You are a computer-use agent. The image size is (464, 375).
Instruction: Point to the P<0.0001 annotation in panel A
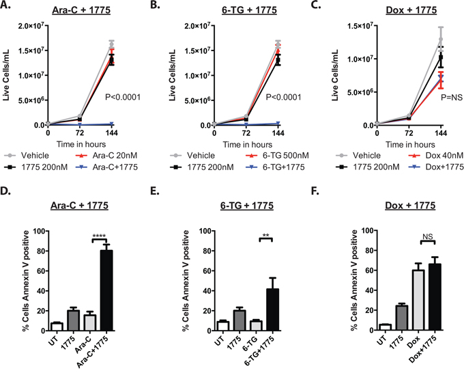123,98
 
